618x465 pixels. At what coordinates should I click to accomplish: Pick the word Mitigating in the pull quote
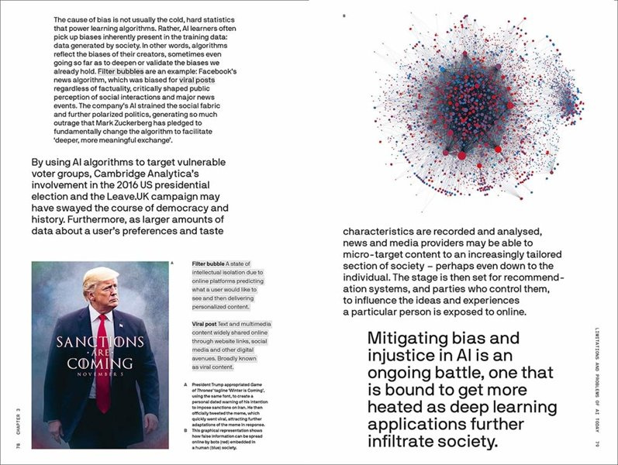412,339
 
